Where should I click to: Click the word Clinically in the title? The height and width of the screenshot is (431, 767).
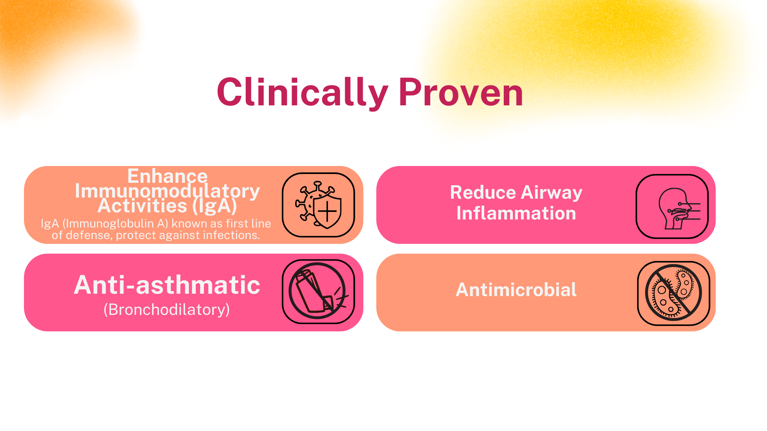point(302,93)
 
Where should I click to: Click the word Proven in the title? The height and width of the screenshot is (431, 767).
point(461,93)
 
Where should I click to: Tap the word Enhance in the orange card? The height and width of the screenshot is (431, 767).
point(167,176)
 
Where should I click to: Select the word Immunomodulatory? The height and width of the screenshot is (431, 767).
point(167,191)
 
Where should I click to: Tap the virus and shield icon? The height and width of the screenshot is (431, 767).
point(318,205)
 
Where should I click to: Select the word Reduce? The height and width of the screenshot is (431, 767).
point(483,192)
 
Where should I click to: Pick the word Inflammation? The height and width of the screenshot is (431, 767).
point(516,214)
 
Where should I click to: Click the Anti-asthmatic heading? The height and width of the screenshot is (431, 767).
point(167,285)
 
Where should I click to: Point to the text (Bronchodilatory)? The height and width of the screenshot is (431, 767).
point(167,310)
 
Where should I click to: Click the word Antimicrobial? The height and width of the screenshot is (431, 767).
point(516,290)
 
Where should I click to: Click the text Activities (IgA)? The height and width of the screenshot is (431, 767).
point(167,206)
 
